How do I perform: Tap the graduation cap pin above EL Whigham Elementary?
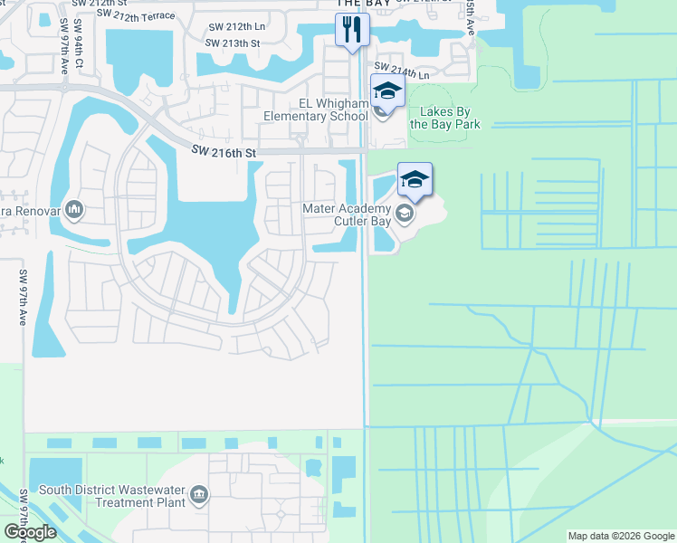pyautogui.click(x=387, y=91)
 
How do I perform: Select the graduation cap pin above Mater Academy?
pyautogui.click(x=415, y=179)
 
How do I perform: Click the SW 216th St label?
pyautogui.click(x=224, y=154)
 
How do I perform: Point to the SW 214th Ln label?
pyautogui.click(x=402, y=70)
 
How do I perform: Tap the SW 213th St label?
pyautogui.click(x=233, y=43)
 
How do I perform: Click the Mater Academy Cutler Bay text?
pyautogui.click(x=348, y=214)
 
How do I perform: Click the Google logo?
pyautogui.click(x=30, y=532)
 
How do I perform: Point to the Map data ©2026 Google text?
pyautogui.click(x=621, y=536)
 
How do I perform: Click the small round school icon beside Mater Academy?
pyautogui.click(x=405, y=214)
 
